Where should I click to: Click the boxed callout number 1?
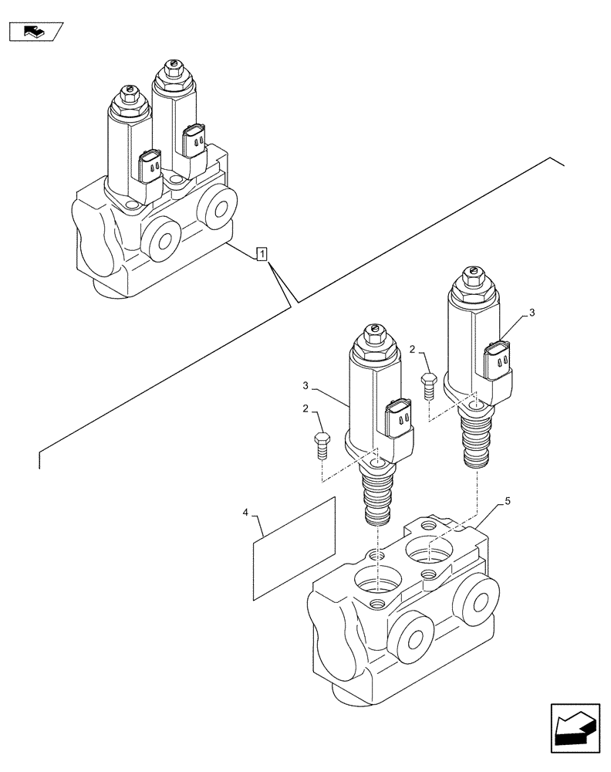(262, 253)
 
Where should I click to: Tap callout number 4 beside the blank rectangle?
(246, 512)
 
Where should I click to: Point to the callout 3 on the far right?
(531, 313)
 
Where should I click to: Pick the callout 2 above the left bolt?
(305, 408)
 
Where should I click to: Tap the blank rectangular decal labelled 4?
(295, 547)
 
